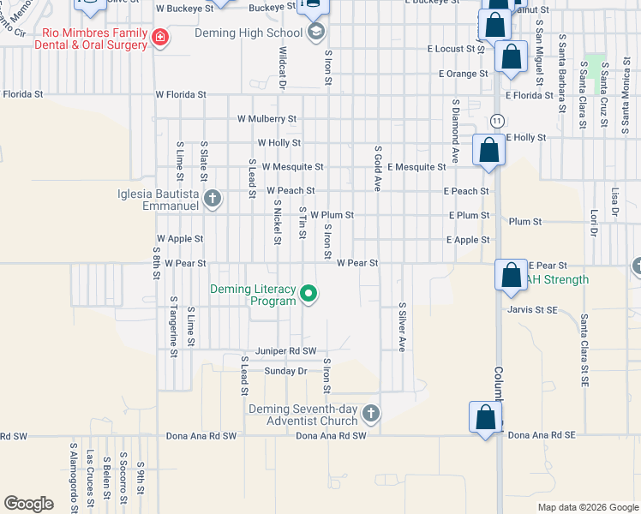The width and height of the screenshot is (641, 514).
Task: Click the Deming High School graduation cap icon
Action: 315,33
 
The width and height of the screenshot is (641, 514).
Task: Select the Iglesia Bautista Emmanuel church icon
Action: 213,200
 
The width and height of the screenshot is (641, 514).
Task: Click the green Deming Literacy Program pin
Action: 309,296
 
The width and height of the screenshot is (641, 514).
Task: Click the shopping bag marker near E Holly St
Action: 488,150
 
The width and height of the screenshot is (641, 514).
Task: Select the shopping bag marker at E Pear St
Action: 512,275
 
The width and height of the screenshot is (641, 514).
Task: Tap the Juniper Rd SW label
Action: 287,351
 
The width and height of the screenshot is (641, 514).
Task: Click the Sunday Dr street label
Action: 285,371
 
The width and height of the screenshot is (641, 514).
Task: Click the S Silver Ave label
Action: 401,326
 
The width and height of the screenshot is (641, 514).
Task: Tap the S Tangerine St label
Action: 173,326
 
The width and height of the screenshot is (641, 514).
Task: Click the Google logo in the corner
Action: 28,504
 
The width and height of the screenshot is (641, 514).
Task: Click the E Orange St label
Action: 463,74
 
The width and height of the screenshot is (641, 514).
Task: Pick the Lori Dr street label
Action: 592,219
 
